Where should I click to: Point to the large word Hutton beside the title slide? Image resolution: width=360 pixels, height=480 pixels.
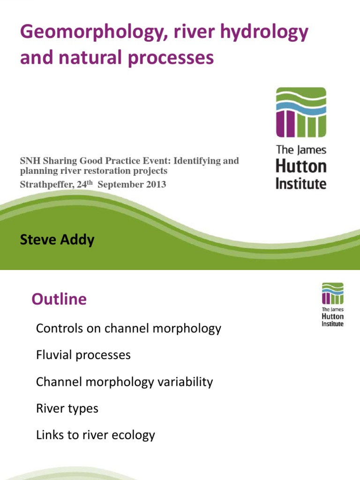300,166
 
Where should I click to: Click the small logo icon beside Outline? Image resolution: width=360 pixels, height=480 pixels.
332,293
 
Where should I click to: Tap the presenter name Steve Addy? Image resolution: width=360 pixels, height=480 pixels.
57,240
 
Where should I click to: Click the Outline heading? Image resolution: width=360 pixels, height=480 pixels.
59,299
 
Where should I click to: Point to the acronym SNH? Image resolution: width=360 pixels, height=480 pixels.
29,161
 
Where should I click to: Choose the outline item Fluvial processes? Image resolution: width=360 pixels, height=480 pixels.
83,355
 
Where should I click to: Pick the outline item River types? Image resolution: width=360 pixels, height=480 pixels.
67,408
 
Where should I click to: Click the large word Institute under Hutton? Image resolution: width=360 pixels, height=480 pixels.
300,183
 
